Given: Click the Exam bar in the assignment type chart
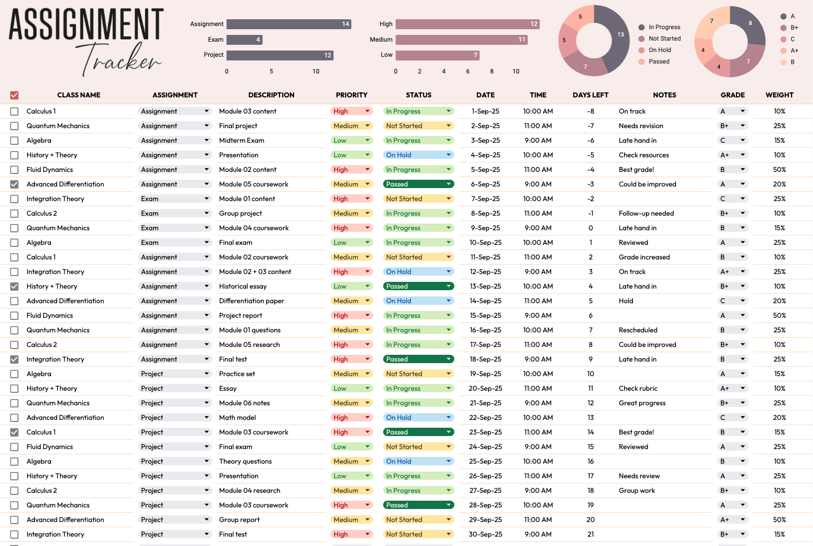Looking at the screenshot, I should [244, 40].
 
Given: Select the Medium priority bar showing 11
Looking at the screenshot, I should [462, 40].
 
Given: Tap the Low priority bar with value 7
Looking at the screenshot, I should [437, 55].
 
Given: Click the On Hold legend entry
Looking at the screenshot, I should [659, 50].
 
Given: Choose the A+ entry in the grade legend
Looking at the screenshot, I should [794, 51].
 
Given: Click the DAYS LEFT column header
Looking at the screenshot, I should [590, 95].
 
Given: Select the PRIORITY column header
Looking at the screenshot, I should [351, 95].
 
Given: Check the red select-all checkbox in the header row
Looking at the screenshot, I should [15, 95].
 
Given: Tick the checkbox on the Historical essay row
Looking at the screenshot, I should [15, 287].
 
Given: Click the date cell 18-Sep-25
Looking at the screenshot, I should [485, 359].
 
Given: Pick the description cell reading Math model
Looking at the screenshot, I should [237, 418].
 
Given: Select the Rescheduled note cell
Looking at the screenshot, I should [638, 330].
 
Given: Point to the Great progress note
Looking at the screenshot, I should [642, 403].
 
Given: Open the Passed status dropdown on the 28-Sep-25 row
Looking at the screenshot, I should [448, 505].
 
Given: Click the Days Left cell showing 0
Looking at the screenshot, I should [590, 228].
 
